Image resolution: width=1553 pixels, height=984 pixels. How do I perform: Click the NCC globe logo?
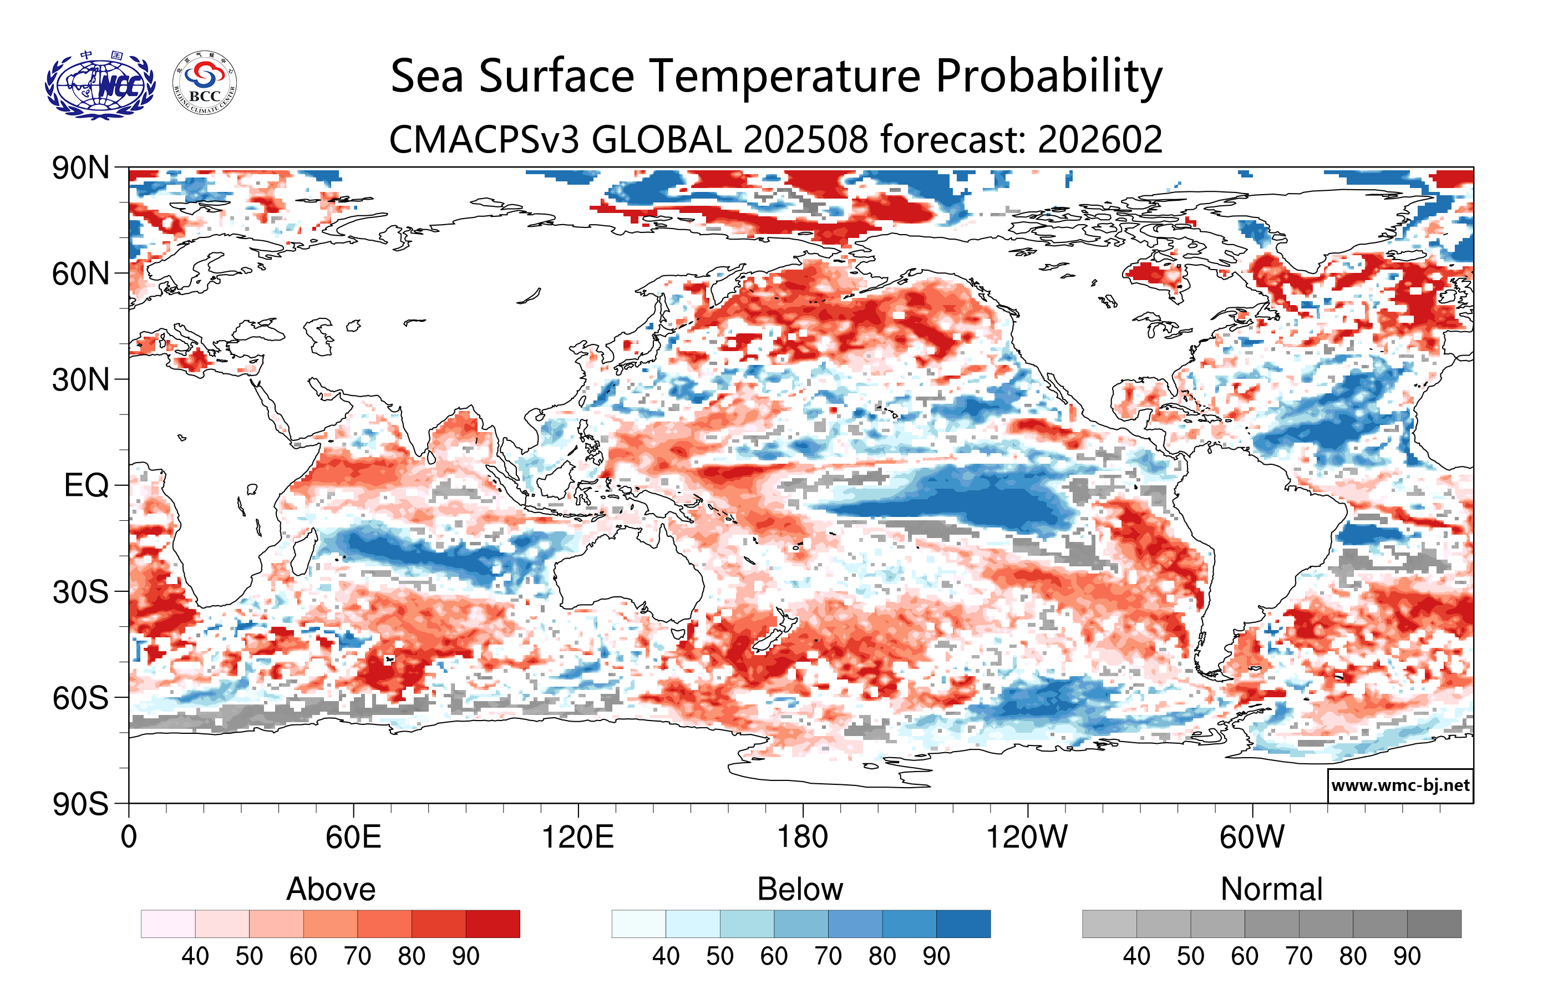100,84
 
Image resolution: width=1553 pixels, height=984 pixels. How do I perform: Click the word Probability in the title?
1049,76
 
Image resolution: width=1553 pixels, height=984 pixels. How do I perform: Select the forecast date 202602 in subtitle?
1100,139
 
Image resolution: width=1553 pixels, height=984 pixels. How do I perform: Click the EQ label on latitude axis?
86,485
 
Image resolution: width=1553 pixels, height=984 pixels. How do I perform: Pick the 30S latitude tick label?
80,592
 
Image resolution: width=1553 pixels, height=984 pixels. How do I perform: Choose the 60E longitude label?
353,837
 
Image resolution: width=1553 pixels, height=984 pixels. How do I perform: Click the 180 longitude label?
803,837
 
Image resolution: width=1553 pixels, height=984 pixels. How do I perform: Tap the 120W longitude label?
1027,837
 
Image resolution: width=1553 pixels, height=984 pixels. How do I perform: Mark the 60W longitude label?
1251,837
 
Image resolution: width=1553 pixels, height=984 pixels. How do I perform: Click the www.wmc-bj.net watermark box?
1400,785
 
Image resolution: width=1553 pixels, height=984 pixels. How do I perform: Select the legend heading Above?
331,889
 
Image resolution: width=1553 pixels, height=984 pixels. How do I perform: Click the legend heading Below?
800,889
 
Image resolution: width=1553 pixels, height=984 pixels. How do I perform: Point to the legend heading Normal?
1271,889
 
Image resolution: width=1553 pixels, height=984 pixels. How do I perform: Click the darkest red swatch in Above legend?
493,924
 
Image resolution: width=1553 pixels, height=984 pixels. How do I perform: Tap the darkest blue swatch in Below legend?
963,924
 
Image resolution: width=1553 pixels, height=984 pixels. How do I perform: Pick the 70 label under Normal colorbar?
1298,956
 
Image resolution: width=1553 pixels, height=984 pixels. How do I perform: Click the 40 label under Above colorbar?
195,956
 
